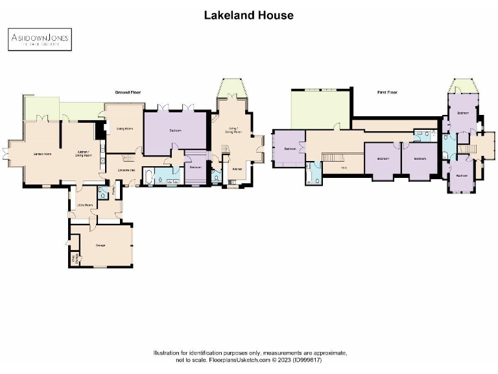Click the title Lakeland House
[249, 14]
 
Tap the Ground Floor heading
[128, 93]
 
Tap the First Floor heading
[387, 93]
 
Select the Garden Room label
[42, 154]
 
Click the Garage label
[101, 245]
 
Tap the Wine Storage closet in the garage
[73, 260]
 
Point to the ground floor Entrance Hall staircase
[128, 158]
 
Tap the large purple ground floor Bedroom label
[175, 131]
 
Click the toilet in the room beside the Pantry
[102, 194]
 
